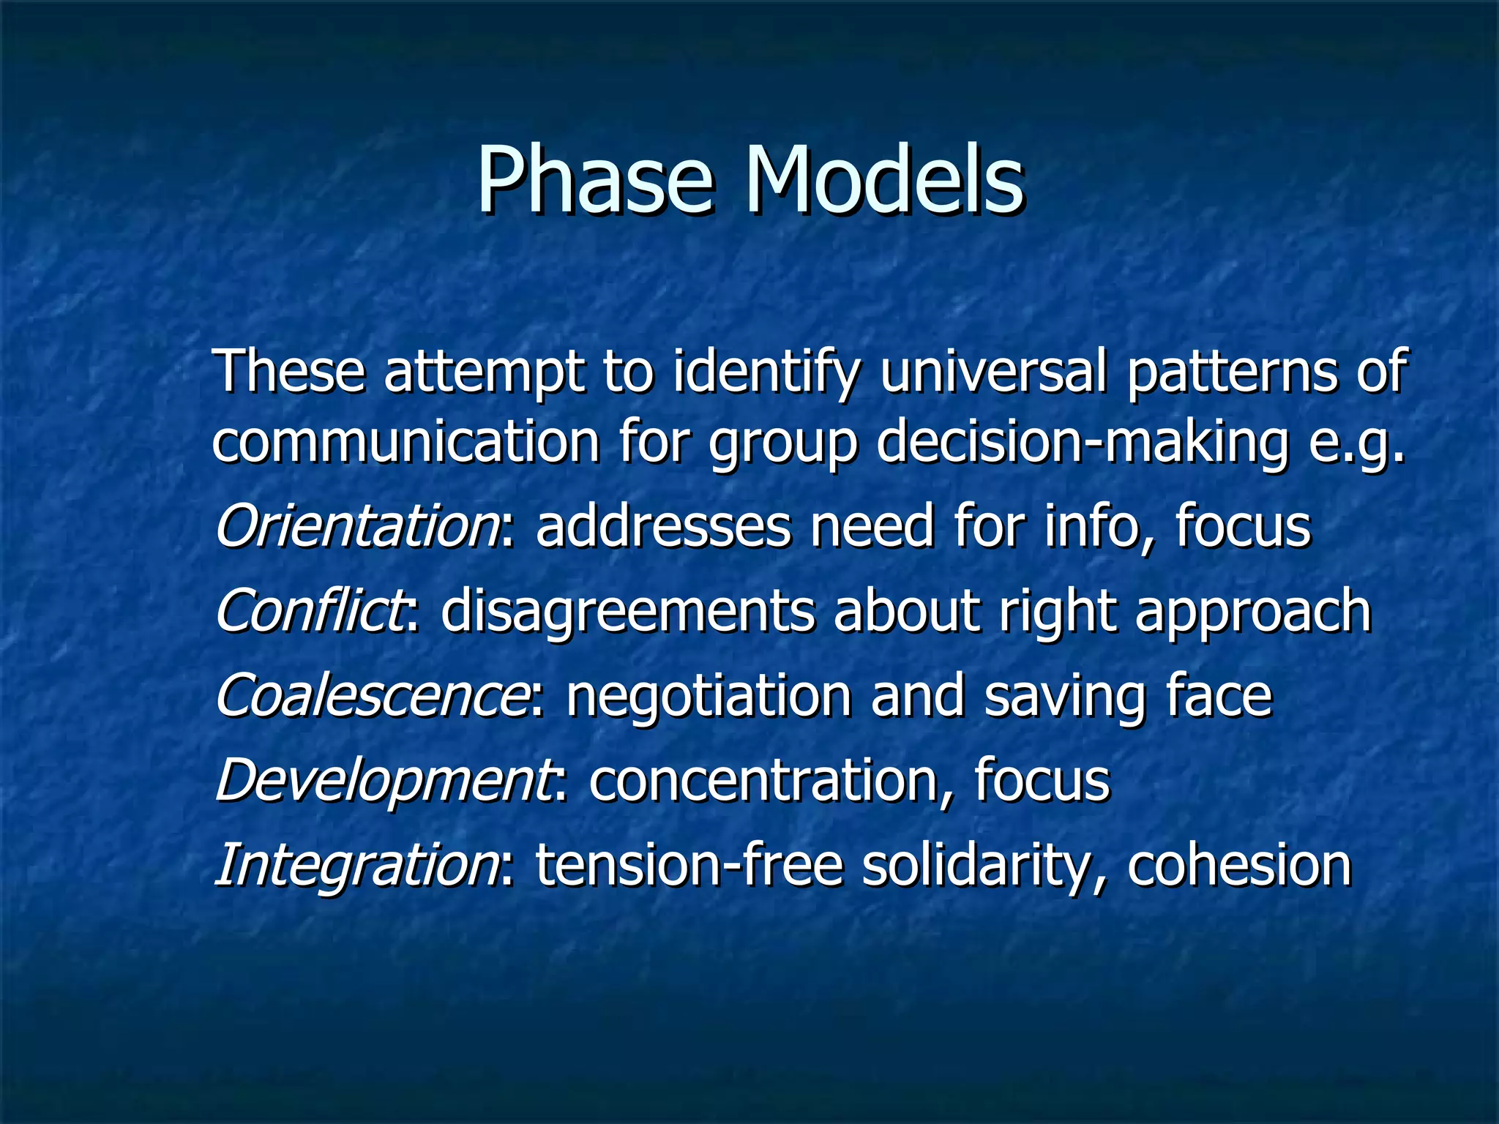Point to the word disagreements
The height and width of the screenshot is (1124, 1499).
pos(627,611)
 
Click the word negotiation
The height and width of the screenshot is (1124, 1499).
pos(709,695)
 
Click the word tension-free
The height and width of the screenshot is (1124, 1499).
pos(689,866)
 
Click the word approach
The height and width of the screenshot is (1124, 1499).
pos(1252,612)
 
